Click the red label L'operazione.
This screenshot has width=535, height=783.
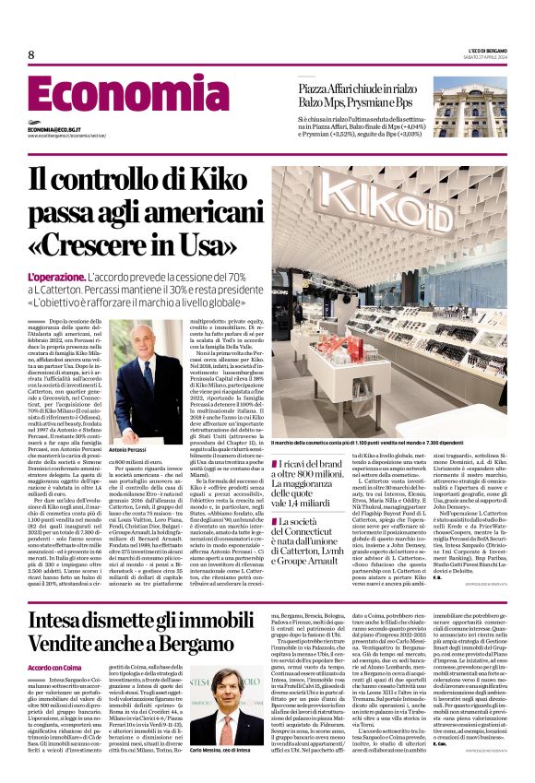[55, 278]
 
